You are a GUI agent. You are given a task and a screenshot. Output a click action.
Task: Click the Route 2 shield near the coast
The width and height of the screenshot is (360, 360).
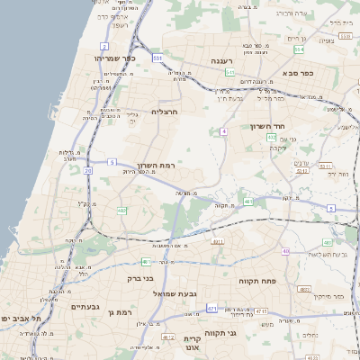(104, 45)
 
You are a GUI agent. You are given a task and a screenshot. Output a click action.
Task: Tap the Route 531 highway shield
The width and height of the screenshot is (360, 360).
(157, 58)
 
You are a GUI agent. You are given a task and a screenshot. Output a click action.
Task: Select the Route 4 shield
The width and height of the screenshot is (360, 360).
(223, 131)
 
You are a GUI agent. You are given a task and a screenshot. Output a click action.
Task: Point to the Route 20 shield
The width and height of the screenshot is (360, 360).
(87, 169)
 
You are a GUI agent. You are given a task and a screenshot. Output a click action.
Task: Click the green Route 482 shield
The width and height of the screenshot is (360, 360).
(121, 211)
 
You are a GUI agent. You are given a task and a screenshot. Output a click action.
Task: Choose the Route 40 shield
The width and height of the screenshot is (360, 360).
(285, 251)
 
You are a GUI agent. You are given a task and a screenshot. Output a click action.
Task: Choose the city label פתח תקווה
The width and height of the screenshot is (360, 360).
(258, 282)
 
